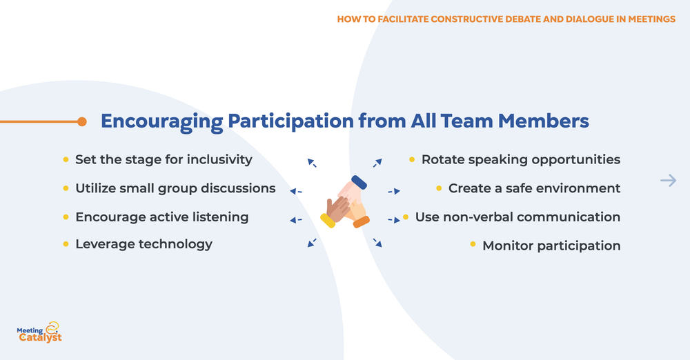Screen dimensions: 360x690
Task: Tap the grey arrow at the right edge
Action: coord(667,181)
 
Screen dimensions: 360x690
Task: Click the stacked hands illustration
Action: coord(345,202)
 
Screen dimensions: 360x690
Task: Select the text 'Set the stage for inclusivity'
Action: coord(164,159)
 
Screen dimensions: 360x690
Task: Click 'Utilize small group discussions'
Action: coord(175,188)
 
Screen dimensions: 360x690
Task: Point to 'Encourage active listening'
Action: coord(161,217)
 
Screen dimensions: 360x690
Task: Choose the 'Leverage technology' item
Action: coord(144,244)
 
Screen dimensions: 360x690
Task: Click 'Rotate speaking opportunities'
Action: coord(520,159)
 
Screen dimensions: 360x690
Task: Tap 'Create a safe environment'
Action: coord(534,188)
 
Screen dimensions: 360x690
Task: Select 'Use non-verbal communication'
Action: coord(517,217)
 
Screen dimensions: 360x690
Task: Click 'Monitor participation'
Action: coord(551,246)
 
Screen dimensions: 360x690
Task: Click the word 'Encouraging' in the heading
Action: coord(162,122)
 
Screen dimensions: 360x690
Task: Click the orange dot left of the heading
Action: coord(82,122)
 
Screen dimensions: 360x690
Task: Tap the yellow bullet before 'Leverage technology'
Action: coord(66,244)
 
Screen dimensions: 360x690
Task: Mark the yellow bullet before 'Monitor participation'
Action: coord(473,245)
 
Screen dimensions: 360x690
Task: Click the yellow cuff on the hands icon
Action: coord(327,221)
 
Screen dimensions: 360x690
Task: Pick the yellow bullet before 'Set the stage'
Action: coord(66,159)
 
